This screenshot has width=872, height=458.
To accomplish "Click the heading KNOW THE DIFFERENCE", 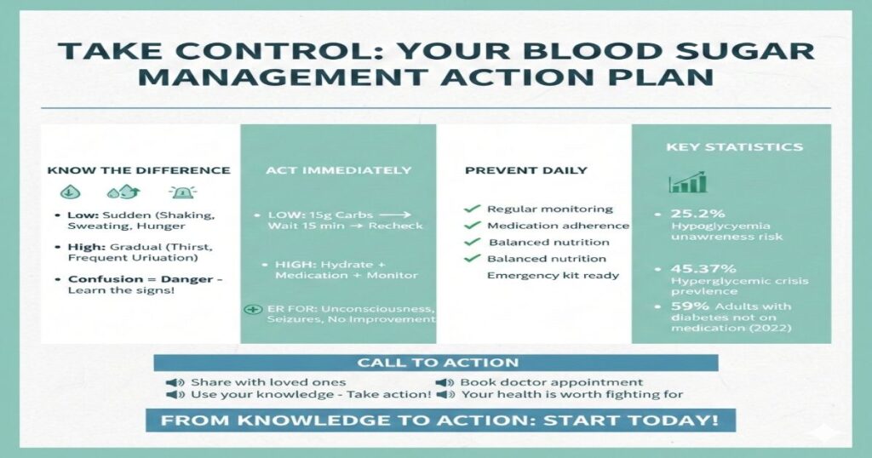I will [139, 170].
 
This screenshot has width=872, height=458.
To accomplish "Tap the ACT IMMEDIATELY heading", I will [338, 170].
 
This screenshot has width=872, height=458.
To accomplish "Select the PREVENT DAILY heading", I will [525, 170].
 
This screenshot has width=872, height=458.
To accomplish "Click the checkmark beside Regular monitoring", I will [470, 209].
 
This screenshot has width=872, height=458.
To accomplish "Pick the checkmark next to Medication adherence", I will [470, 226].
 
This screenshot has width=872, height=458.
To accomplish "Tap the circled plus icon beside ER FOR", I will [251, 309].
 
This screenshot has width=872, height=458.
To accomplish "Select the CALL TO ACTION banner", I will [436, 363].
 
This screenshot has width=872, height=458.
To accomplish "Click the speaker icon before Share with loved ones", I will [173, 382].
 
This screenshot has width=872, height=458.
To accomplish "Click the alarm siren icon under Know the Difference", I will [182, 192].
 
